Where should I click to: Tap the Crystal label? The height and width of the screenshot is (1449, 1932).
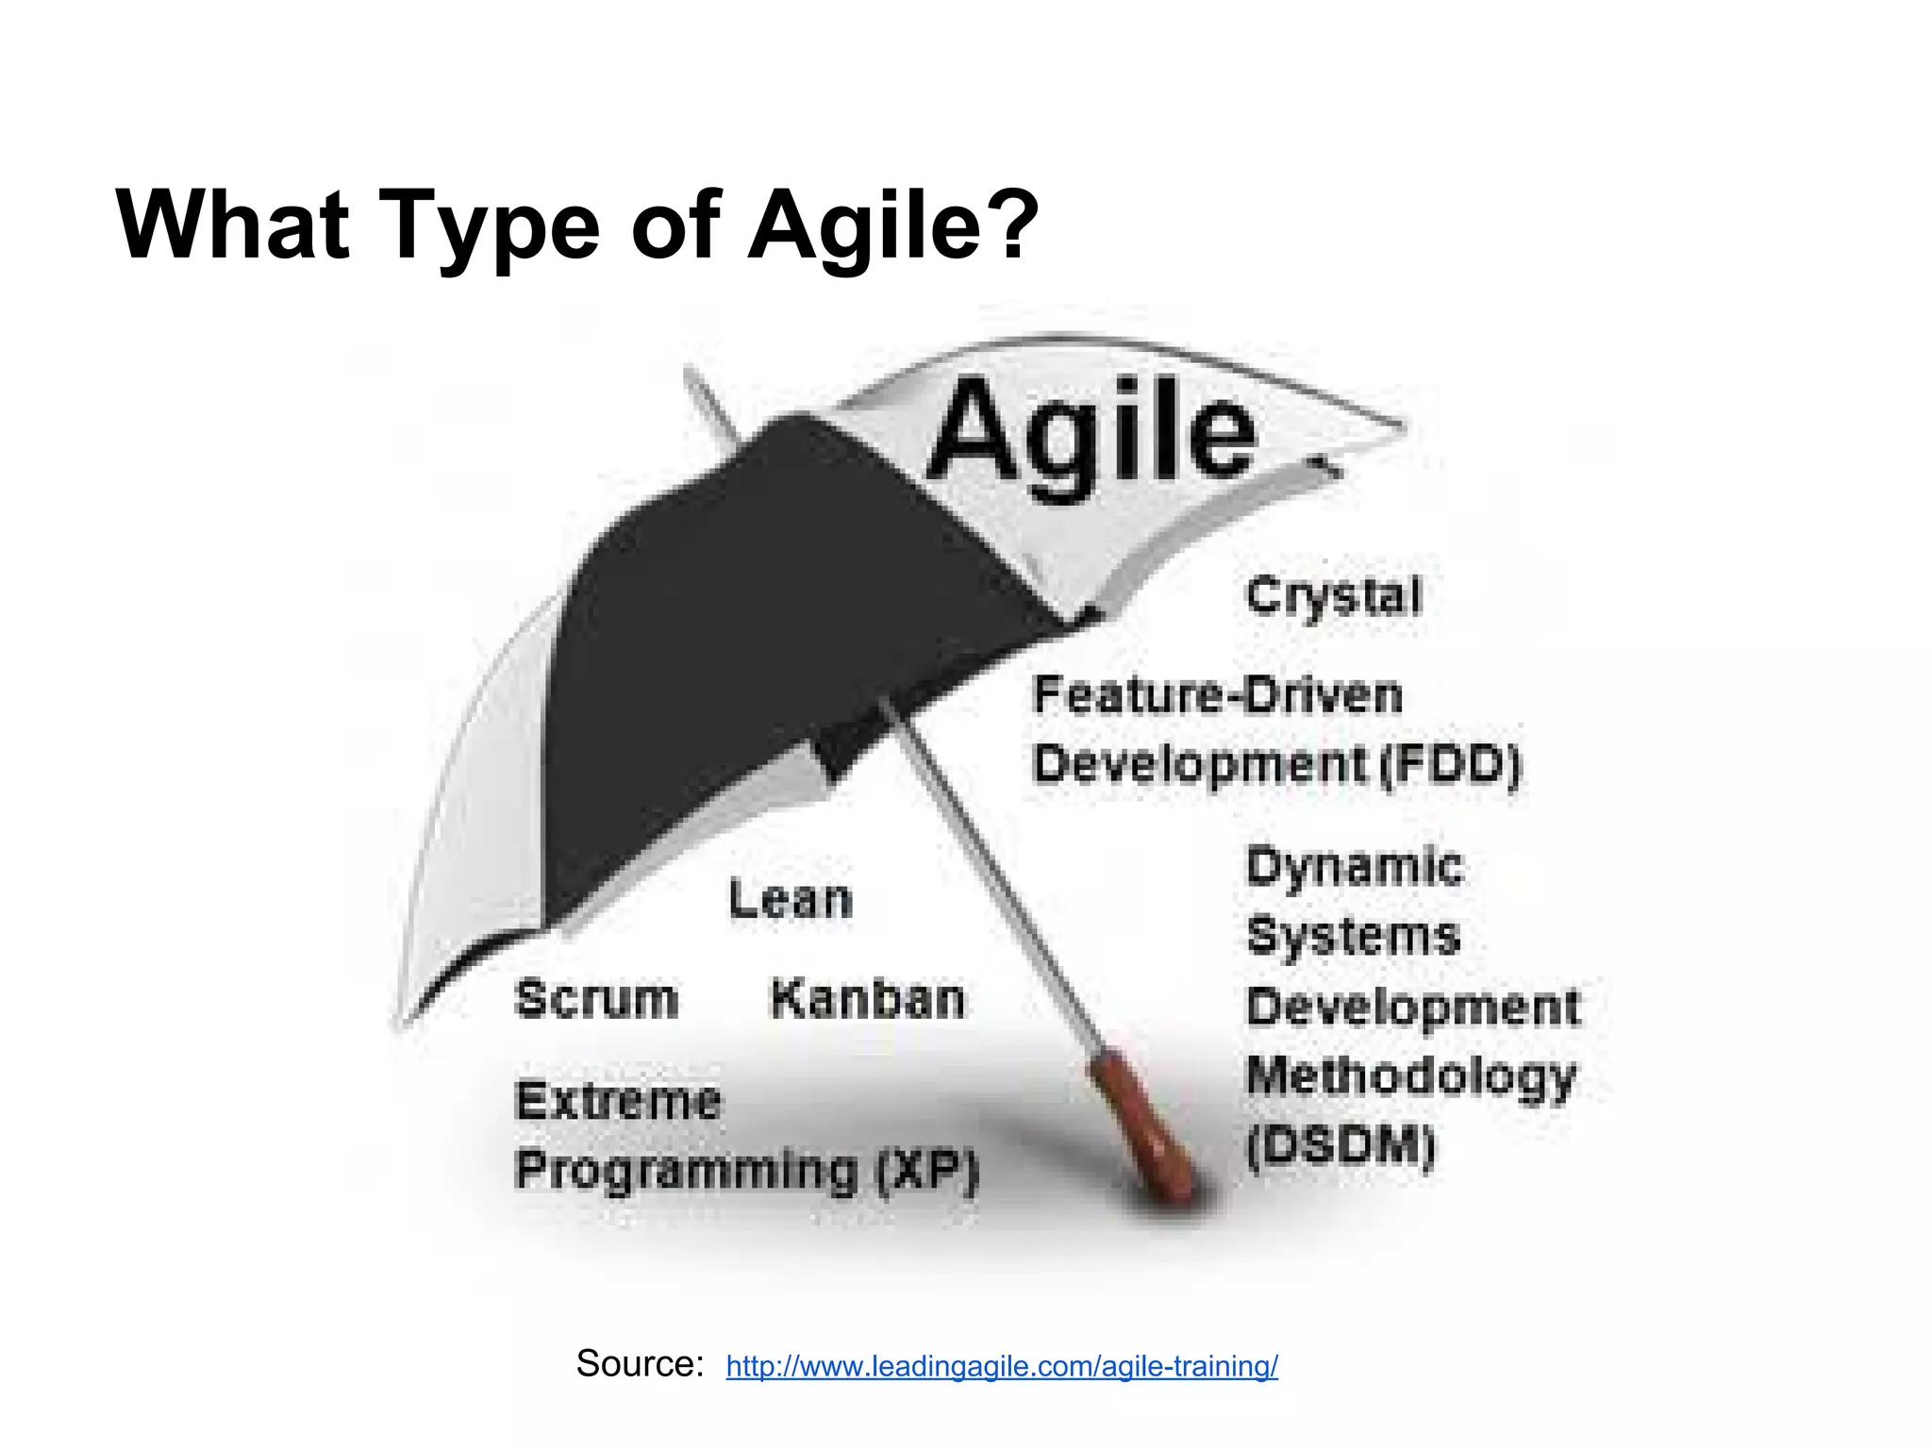point(1333,596)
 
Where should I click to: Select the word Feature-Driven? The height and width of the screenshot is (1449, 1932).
point(1218,696)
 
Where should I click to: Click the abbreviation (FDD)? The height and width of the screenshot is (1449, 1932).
point(1450,764)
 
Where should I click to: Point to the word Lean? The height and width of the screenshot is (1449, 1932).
point(791,899)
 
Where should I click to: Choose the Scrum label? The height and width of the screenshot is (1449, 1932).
point(596,999)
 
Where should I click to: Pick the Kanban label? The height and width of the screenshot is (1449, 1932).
point(868,999)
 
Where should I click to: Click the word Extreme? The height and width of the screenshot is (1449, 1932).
point(619,1101)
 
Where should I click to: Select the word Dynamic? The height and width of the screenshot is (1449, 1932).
point(1355,867)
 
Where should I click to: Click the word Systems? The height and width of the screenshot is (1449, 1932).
point(1353,936)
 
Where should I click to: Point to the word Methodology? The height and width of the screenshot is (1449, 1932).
point(1410,1076)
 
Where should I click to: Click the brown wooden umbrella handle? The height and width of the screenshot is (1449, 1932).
point(1143,1127)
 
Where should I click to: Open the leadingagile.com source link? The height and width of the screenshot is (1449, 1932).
point(1002,1366)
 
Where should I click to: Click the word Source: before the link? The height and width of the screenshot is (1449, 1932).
point(640,1364)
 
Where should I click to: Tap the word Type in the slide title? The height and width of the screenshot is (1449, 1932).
point(490,226)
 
